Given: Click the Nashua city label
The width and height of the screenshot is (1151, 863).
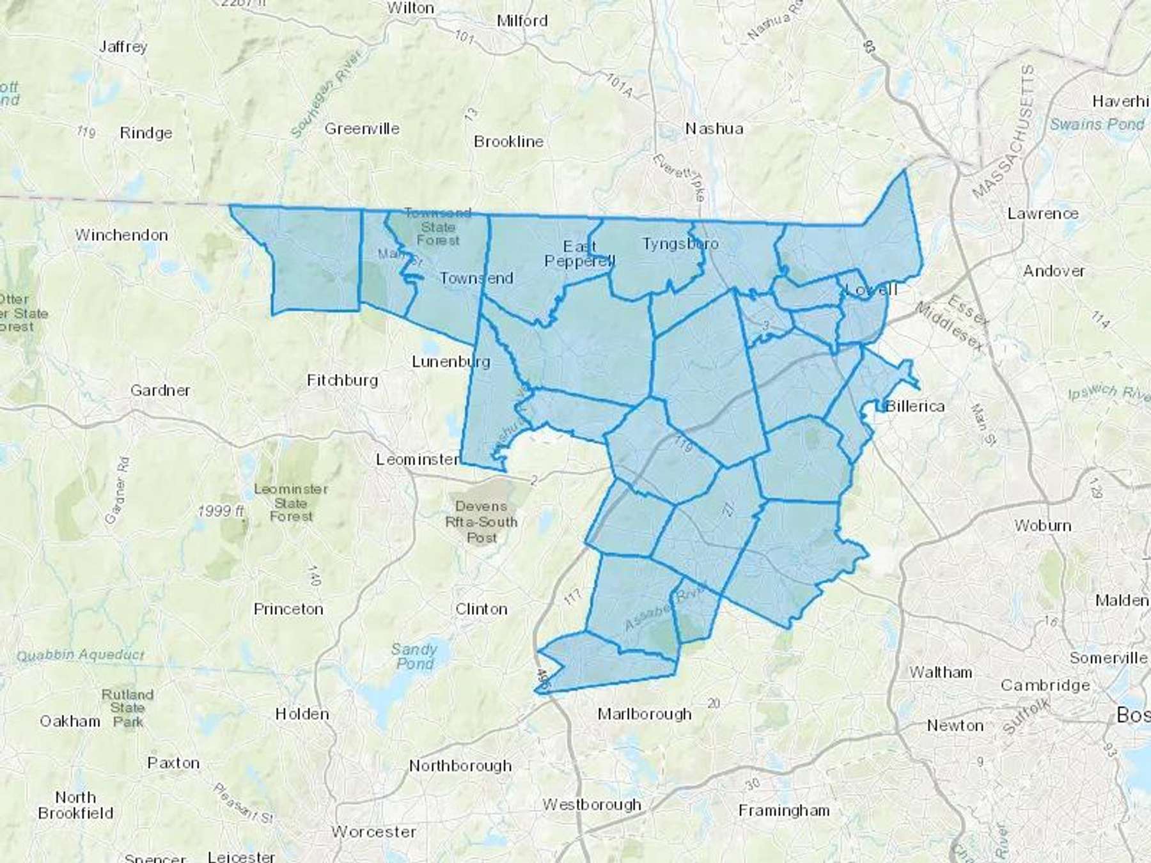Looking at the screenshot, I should tap(714, 128).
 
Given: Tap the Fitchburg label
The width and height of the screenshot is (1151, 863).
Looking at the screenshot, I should tap(342, 380).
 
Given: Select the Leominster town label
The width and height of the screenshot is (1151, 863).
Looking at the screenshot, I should tap(418, 459).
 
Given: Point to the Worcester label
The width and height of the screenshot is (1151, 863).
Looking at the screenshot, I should tap(373, 832).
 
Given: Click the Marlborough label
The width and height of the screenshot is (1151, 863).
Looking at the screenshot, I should tap(645, 713).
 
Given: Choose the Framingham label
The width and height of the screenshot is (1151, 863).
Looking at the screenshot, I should tap(784, 811).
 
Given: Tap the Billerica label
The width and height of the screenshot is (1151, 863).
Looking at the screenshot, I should tap(915, 406).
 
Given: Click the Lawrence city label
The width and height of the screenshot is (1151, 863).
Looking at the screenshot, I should tap(1043, 213).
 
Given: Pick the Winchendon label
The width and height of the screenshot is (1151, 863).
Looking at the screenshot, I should tap(121, 235).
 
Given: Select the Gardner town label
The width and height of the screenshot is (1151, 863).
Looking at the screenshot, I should tap(160, 390).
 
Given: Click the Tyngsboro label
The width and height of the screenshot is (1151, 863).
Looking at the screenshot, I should tap(680, 244).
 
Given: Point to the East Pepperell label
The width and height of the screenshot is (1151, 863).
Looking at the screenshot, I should tap(579, 254).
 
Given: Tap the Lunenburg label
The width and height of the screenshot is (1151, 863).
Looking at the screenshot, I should tap(451, 361).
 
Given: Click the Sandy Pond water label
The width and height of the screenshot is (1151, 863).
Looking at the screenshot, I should tap(414, 657).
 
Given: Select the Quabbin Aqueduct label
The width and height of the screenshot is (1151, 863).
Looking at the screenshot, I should tap(81, 655).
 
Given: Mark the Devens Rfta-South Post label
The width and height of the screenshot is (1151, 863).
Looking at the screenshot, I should tap(482, 522).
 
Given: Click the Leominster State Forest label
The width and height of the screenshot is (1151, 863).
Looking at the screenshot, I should tap(291, 502).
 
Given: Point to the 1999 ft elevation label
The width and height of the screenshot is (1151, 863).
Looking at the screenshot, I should tap(221, 511).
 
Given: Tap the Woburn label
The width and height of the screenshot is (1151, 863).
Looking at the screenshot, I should tap(1042, 525).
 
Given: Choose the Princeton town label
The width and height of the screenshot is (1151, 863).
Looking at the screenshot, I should tap(288, 609).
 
